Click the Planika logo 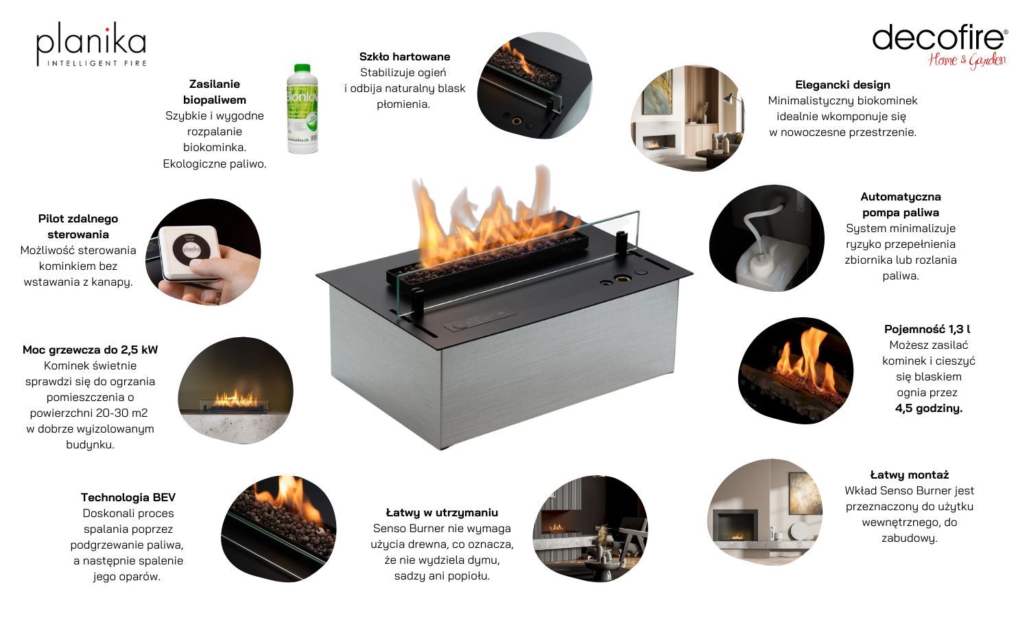[x=91, y=44]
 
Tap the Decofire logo [x=940, y=46]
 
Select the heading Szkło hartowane [x=404, y=56]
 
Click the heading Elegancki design [x=842, y=84]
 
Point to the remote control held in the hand [x=189, y=252]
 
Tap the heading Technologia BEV [x=128, y=497]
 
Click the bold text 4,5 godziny [x=928, y=409]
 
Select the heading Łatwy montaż [x=909, y=474]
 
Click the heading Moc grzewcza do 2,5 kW [x=90, y=350]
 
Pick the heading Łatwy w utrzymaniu [x=442, y=512]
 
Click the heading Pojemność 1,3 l [x=927, y=329]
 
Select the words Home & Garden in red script [x=967, y=60]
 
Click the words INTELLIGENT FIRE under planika [x=97, y=63]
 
